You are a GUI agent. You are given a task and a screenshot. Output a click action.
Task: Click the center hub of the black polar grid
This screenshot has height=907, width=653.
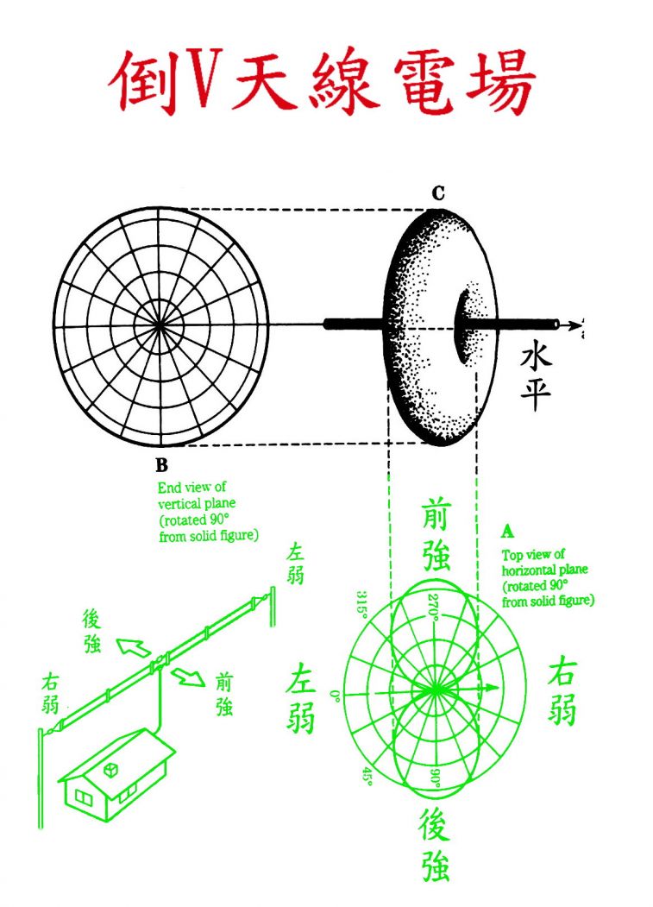click(x=161, y=325)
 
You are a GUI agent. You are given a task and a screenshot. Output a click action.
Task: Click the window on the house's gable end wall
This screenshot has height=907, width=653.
click(x=84, y=797)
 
